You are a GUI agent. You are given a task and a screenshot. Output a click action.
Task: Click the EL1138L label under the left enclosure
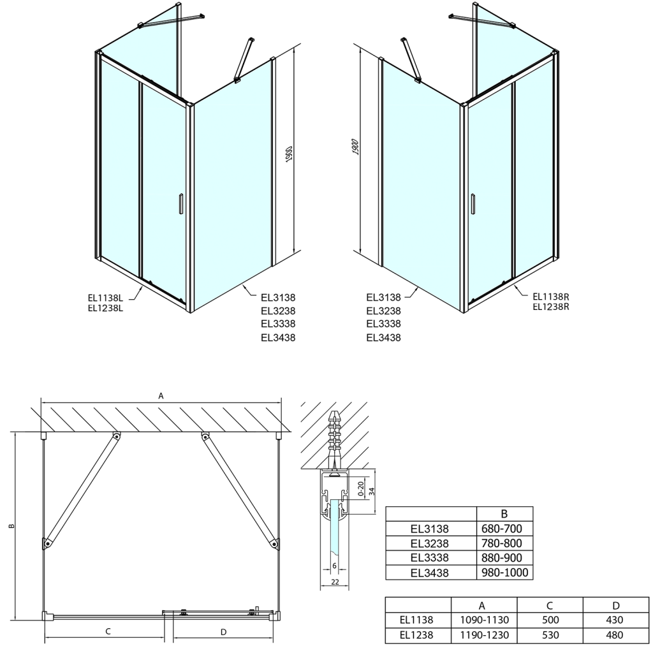(105, 295)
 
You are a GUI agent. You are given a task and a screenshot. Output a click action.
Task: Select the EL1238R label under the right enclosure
(550, 306)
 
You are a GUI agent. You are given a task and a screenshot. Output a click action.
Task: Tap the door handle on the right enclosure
(473, 203)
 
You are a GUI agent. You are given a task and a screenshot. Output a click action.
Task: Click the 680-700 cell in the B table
(504, 529)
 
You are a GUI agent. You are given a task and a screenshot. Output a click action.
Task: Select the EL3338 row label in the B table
(430, 558)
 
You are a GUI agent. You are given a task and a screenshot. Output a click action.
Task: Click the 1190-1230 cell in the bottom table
(483, 635)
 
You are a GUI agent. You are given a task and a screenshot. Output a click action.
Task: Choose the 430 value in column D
(615, 620)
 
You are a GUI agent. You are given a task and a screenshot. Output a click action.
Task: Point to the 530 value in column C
(549, 635)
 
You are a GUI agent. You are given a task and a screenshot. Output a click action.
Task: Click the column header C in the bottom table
(549, 605)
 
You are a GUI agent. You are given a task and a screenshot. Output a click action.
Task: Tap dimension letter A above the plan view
(161, 395)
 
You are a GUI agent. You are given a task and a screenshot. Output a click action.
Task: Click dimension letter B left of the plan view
(11, 527)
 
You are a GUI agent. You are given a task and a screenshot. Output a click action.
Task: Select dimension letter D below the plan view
(223, 632)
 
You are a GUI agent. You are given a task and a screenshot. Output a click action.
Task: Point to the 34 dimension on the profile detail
(372, 490)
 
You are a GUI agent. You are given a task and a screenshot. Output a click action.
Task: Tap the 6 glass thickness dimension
(334, 566)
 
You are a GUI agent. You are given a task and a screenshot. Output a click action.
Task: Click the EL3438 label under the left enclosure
(278, 338)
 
